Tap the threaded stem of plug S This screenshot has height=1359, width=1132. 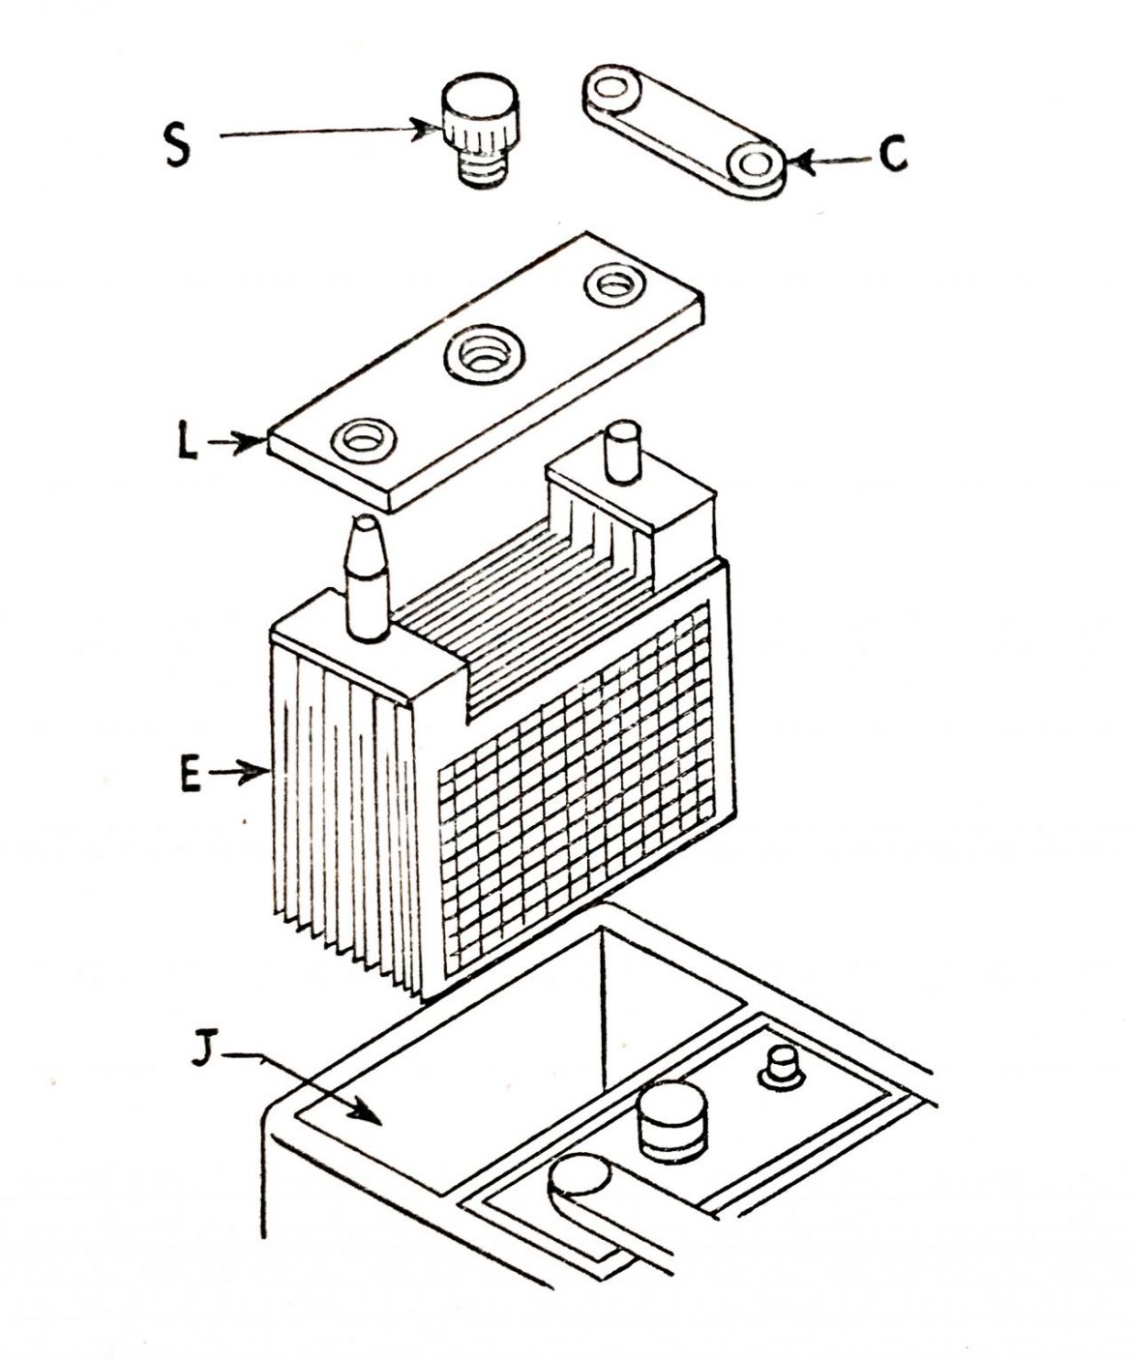click(x=481, y=171)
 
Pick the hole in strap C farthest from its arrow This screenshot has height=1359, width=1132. click(x=611, y=89)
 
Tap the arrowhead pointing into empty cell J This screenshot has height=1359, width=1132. click(x=377, y=1114)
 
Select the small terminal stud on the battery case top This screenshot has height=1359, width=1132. click(x=780, y=1068)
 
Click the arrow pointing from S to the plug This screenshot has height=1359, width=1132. click(x=329, y=133)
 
